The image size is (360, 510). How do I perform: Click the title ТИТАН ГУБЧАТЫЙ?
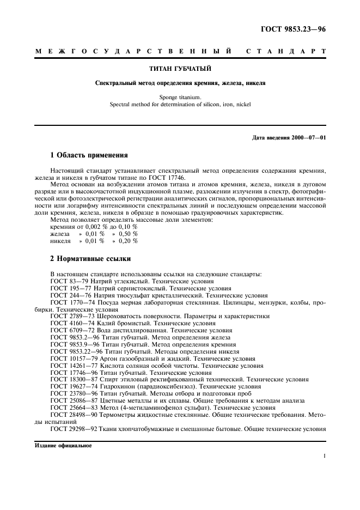180,69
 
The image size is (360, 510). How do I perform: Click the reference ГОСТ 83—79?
67,281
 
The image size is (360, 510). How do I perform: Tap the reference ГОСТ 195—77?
69,288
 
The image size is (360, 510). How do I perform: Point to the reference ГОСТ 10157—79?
72,359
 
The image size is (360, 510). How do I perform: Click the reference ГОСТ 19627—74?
72,386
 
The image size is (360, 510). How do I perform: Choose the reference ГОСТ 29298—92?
72,429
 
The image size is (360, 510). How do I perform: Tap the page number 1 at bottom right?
324,458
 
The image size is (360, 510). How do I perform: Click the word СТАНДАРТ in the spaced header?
285,51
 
